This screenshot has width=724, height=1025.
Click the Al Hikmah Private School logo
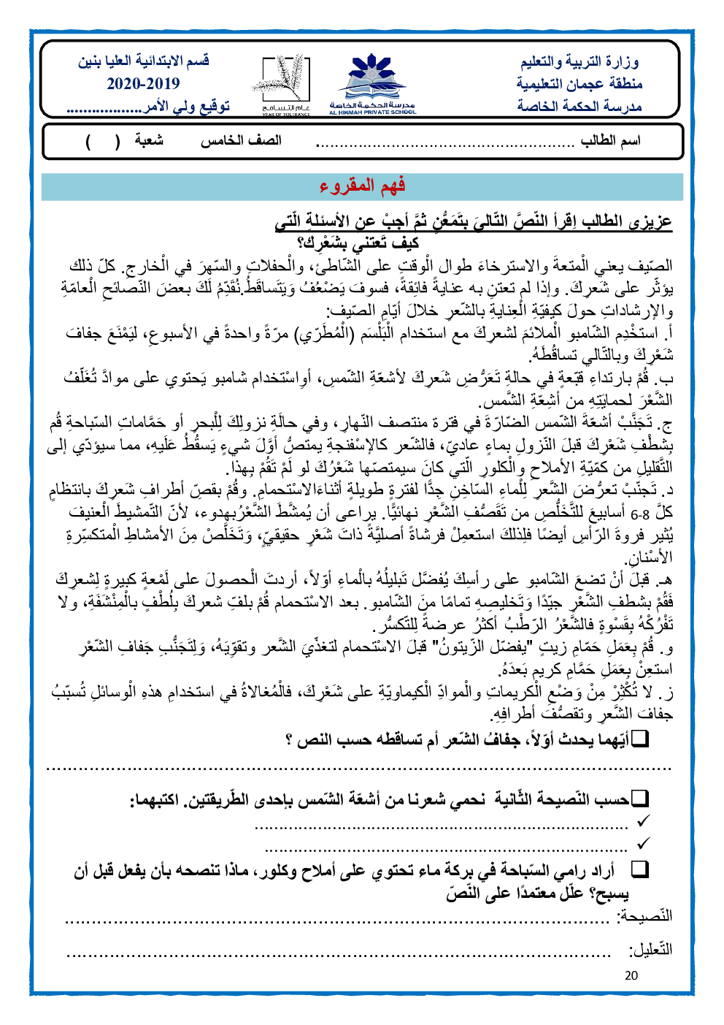372,83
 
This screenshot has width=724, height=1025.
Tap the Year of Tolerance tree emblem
285,83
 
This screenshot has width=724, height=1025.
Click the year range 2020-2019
143,83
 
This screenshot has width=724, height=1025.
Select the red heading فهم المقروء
362,186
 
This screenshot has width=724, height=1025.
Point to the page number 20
631,975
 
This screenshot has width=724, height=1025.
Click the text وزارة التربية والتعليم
579,61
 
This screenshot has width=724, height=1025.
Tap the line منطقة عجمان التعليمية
579,83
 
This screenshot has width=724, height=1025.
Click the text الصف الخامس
241,140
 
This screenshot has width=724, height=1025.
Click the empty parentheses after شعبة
103,140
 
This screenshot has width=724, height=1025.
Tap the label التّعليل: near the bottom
650,950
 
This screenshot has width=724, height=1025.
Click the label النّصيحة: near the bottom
644,915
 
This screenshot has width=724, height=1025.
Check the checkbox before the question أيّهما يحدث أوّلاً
639,739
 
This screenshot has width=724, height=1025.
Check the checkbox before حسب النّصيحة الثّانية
639,798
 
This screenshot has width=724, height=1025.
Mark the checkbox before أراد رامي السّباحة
639,869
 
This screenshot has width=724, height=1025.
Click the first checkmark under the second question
642,822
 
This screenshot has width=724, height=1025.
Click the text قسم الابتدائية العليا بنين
144,61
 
